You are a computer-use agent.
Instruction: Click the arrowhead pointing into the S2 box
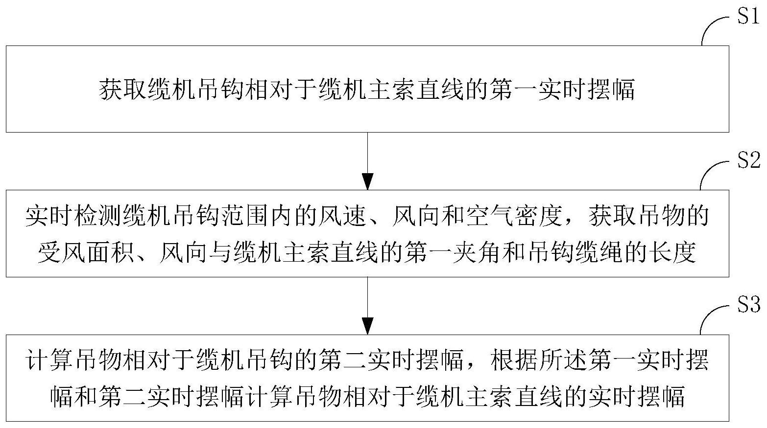pyautogui.click(x=367, y=181)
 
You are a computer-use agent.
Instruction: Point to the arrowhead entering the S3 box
pyautogui.click(x=367, y=326)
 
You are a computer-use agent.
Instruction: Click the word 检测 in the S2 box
pyautogui.click(x=99, y=216)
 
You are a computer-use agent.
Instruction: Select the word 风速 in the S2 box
pyautogui.click(x=343, y=216)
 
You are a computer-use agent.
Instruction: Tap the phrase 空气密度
pyautogui.click(x=514, y=216)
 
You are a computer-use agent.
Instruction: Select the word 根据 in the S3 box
pyautogui.click(x=514, y=360)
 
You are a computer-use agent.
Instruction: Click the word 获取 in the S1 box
pyautogui.click(x=123, y=90)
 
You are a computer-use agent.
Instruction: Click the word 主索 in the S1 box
pyautogui.click(x=392, y=90)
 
